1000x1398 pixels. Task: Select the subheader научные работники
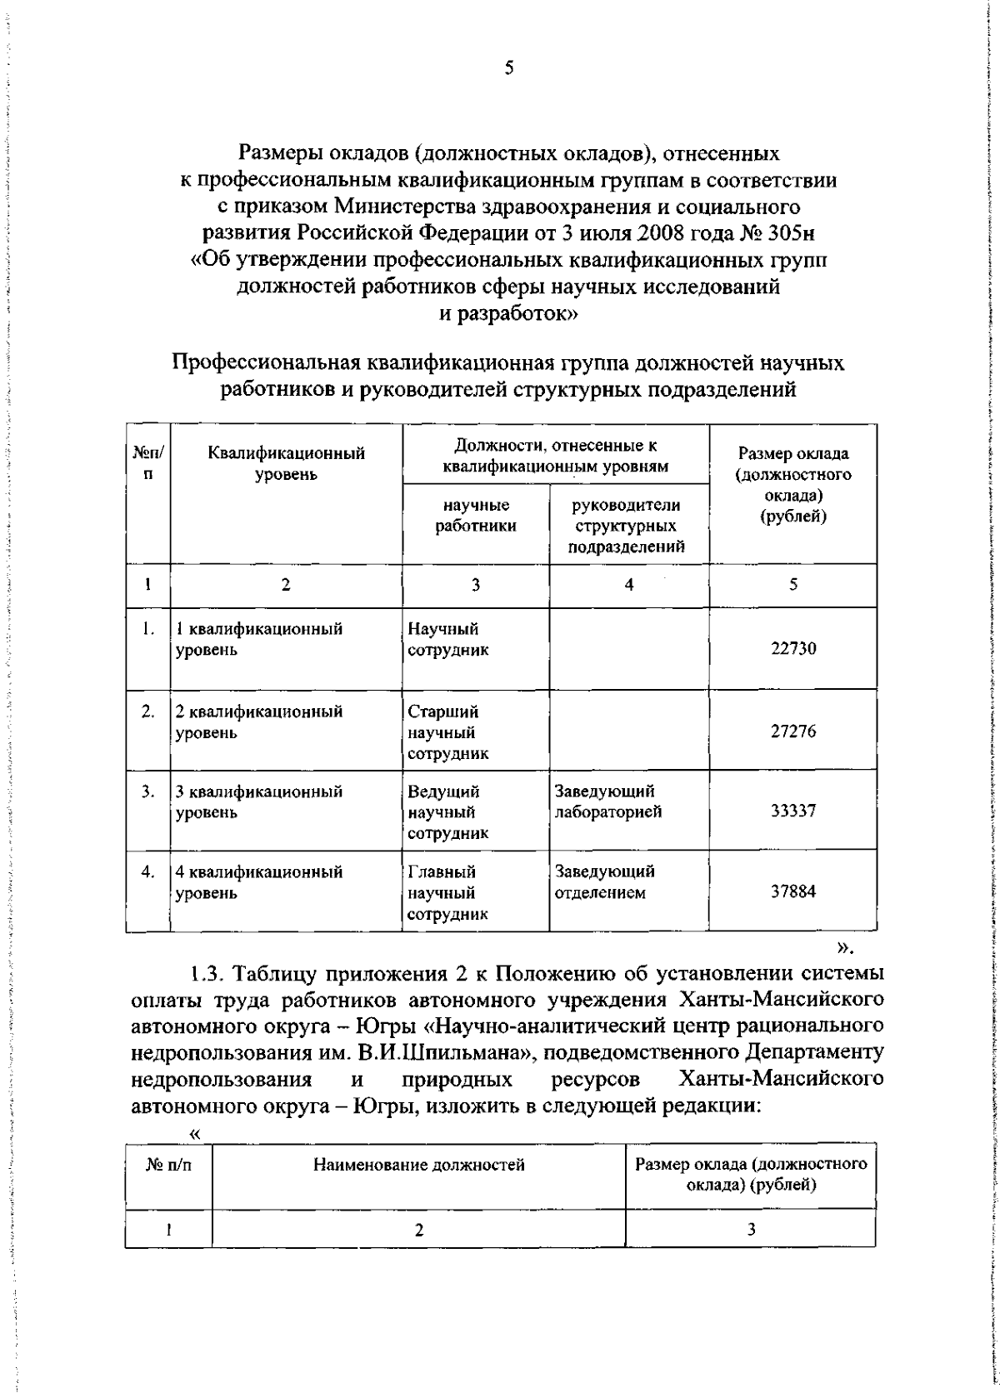click(476, 516)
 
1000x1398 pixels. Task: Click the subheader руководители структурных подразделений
click(628, 526)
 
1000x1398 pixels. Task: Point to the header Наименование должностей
click(418, 1165)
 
